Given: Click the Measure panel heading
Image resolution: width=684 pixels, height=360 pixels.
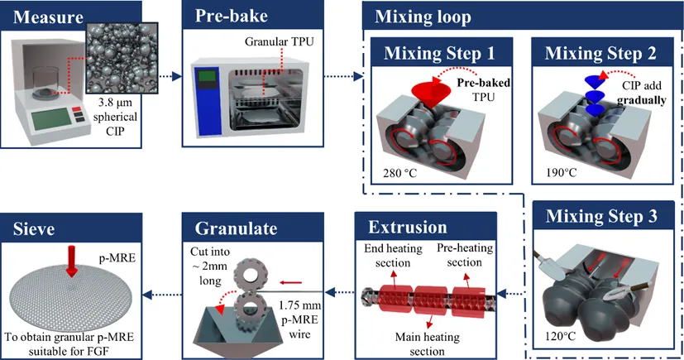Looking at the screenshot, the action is point(48,17).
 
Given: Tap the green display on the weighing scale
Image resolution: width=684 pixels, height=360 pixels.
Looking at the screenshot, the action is point(50,118).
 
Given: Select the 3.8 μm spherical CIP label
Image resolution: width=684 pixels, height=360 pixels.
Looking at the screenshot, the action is point(115,117).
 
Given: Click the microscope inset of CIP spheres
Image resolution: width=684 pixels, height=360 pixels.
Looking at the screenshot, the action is point(122,58).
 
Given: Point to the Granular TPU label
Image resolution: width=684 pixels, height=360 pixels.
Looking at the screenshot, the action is point(280,42).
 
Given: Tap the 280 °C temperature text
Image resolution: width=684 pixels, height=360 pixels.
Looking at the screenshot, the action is point(400,173).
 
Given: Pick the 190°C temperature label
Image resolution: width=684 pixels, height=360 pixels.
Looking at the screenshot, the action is point(562,173).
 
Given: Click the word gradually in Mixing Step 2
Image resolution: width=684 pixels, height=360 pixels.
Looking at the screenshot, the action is point(641,100).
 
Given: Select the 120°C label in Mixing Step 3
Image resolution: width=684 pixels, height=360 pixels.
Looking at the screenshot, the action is point(560,336).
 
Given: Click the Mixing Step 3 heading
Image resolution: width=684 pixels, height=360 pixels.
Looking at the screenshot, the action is point(601,217).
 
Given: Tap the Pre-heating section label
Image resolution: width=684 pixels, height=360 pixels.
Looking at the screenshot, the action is point(465,255).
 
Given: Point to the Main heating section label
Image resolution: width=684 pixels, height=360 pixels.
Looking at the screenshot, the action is point(427,343).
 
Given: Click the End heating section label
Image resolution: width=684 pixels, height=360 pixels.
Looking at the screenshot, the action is point(393,255).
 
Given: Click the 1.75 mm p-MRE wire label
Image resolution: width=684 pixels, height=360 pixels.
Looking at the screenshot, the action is point(300,319).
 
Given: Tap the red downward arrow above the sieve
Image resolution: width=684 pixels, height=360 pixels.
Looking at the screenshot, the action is point(72,261).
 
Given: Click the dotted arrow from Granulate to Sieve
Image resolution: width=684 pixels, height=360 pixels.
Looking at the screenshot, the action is point(162,295).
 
